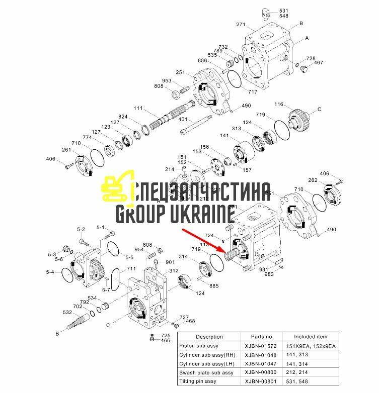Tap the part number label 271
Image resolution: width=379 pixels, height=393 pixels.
[240, 24]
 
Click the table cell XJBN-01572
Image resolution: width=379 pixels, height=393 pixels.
[258, 346]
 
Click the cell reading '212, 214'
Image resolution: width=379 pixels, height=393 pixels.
[297, 372]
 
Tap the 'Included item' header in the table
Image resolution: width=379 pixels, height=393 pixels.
[311, 336]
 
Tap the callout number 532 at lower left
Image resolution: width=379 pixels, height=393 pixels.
[67, 312]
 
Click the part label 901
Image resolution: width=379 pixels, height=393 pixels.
[170, 262]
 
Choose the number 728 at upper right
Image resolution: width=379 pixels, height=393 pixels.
[311, 59]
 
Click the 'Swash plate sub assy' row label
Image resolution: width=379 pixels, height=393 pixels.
[206, 372]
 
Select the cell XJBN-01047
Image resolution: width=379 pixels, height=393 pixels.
[258, 363]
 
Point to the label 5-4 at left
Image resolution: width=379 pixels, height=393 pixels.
[50, 272]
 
